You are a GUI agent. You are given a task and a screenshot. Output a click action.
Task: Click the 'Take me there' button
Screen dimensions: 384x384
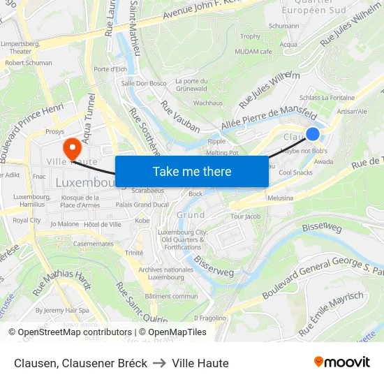tap(192, 172)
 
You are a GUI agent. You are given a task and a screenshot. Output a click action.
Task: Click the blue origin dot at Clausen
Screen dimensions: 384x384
tap(312, 134)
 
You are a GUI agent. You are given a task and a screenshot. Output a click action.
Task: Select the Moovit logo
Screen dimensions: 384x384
tap(341, 362)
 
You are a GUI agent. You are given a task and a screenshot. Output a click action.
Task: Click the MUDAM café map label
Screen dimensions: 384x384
tap(256, 52)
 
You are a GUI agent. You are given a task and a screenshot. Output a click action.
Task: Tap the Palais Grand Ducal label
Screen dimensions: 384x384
tap(142, 205)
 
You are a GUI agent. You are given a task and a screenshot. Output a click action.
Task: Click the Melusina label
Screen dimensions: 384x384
tap(281, 198)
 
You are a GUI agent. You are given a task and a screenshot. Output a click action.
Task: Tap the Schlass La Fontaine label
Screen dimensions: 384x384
tap(326, 98)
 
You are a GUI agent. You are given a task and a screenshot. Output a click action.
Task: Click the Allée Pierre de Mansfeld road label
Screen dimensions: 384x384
tap(269, 118)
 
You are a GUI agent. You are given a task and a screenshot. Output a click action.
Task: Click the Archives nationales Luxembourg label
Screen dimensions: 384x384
tap(165, 273)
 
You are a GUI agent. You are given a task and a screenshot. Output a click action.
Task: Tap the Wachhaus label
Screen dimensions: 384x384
tap(207, 103)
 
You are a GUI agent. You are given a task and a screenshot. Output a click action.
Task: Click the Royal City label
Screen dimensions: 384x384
tap(27, 221)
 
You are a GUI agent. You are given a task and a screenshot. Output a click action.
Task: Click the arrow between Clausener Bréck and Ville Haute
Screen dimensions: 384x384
tap(159, 363)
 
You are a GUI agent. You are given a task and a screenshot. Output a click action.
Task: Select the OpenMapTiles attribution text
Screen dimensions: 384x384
tap(172, 332)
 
